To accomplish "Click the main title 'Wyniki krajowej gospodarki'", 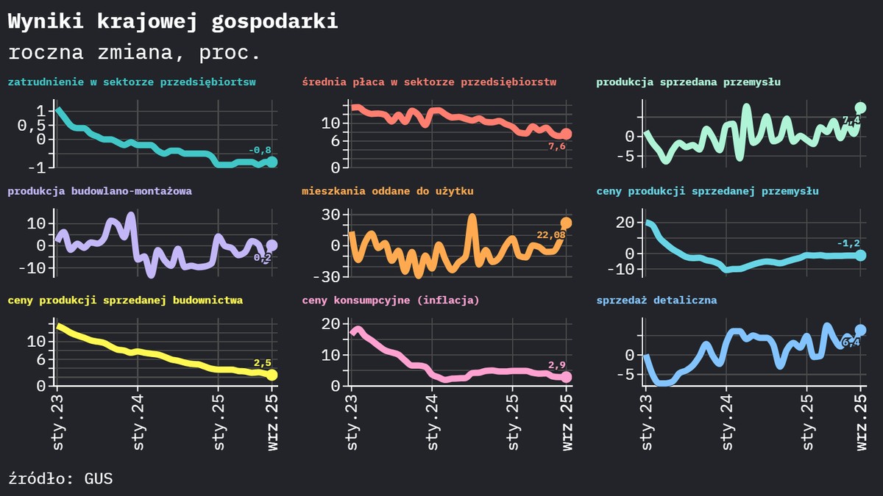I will pos(173,22).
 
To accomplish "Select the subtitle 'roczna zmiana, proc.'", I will pos(134,54).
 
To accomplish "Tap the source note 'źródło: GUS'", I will pos(60,478).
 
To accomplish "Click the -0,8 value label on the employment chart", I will pos(260,151).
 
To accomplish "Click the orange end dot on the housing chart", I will pos(566,223).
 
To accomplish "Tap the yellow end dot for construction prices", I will pos(272,375).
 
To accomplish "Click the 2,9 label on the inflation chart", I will pos(557,365).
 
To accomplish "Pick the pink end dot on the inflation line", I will pos(566,377).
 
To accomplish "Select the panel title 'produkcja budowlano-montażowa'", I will pos(100,191).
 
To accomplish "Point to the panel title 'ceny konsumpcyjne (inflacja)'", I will pos(391,301).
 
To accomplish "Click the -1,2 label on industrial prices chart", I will pos(848,243).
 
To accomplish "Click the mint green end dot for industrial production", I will pos(860,108).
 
